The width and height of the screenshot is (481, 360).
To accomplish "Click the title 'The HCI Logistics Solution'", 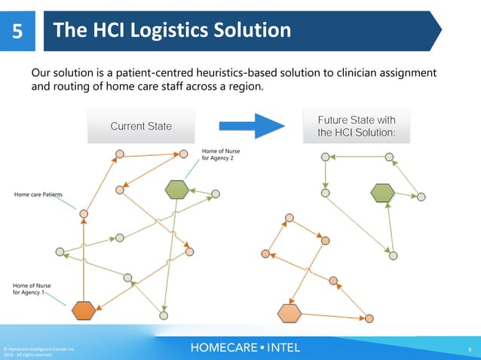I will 173,31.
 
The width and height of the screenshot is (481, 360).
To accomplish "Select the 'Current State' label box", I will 141,127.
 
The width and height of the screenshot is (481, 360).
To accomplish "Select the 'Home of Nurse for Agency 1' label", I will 33,288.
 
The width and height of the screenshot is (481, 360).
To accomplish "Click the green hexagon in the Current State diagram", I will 176,189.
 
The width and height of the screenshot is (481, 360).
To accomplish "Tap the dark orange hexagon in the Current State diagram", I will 84,310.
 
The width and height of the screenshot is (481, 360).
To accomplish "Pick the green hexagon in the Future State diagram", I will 382,193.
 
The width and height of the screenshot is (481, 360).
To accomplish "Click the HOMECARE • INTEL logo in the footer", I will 245,347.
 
